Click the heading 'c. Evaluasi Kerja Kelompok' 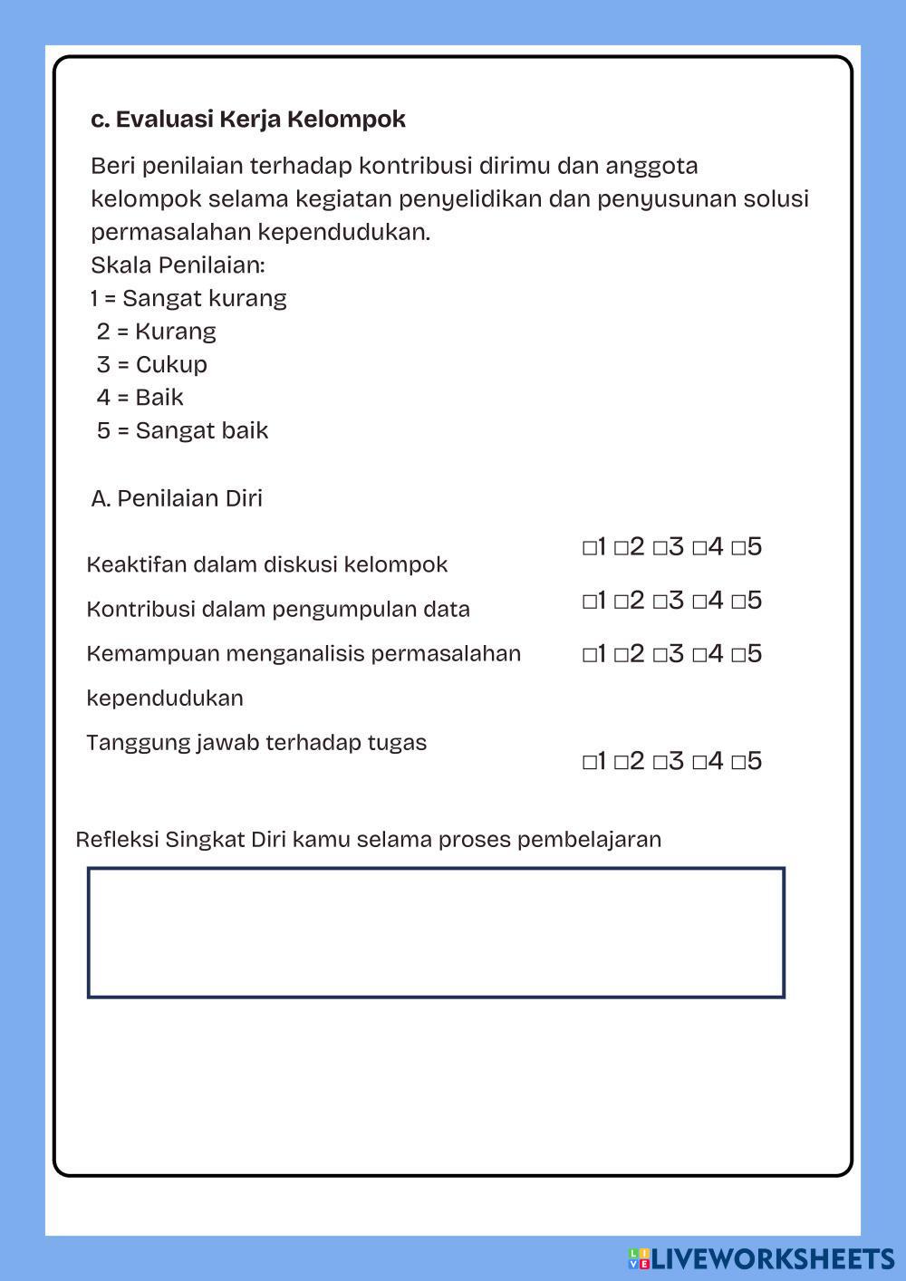pyautogui.click(x=248, y=119)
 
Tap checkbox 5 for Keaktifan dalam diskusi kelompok pyautogui.click(x=738, y=548)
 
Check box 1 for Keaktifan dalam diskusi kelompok pyautogui.click(x=589, y=548)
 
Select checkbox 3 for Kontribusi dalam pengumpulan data pyautogui.click(x=660, y=602)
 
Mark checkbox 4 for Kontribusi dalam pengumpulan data pyautogui.click(x=699, y=602)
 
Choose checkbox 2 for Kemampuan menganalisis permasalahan pyautogui.click(x=621, y=655)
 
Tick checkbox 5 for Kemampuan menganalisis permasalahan pyautogui.click(x=738, y=655)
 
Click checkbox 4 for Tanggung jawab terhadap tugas pyautogui.click(x=699, y=762)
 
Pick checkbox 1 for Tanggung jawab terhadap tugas pyautogui.click(x=589, y=762)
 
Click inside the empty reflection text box pyautogui.click(x=436, y=932)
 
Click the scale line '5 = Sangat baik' pyautogui.click(x=183, y=430)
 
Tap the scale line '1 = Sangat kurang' pyautogui.click(x=188, y=298)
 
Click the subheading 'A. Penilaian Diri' pyautogui.click(x=177, y=498)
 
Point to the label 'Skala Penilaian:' pyautogui.click(x=178, y=265)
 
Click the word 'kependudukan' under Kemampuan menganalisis pyautogui.click(x=165, y=698)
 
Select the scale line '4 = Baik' pyautogui.click(x=140, y=398)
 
